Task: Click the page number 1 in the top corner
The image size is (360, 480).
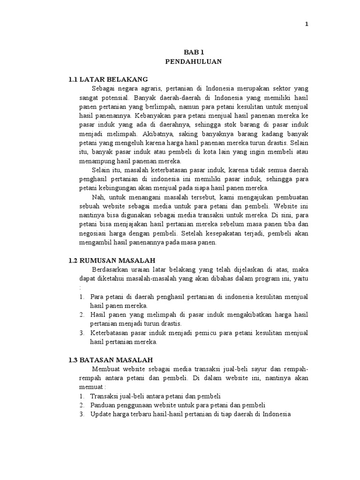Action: click(306, 24)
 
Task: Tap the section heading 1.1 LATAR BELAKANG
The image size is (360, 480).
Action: click(108, 79)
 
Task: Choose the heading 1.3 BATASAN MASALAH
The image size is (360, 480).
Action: click(110, 360)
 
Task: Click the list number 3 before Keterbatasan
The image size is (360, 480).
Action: click(81, 333)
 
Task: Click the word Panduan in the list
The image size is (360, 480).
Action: click(102, 405)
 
